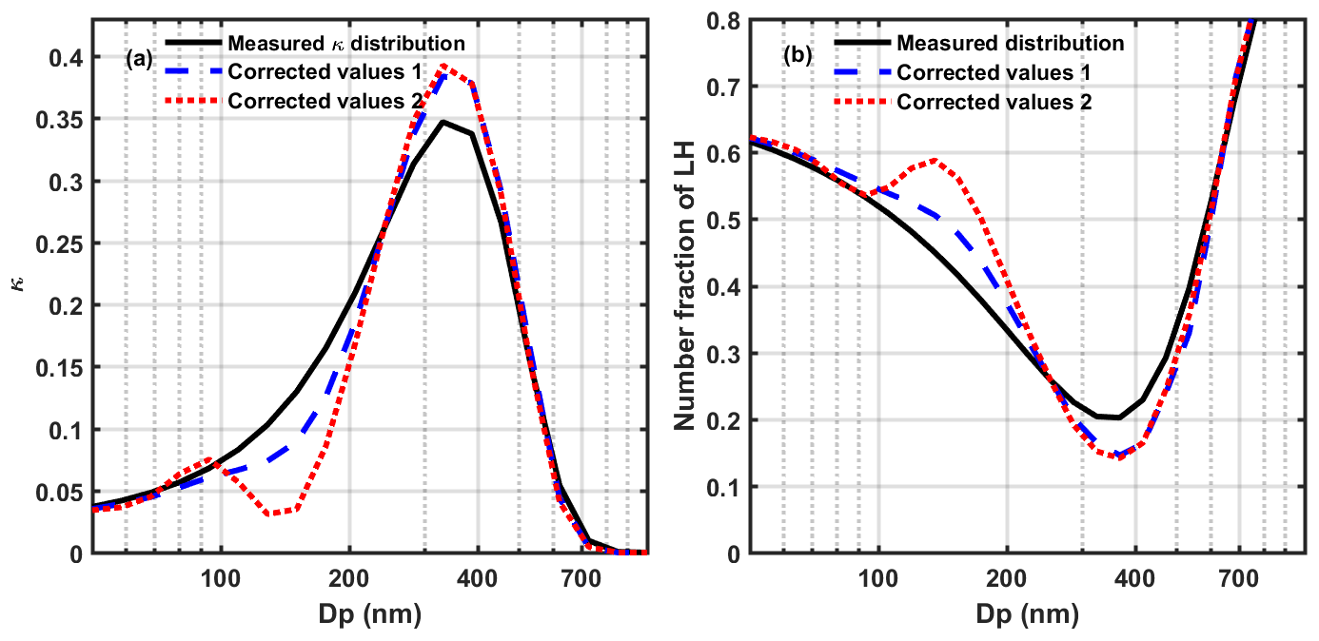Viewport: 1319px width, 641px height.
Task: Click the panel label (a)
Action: click(x=139, y=59)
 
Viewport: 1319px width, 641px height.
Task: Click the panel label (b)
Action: click(x=797, y=55)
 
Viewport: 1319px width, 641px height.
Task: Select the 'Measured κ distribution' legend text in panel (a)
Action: click(x=345, y=43)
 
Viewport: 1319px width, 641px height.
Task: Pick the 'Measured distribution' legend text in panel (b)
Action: click(x=1011, y=43)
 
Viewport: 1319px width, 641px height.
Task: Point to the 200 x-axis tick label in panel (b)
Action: click(x=1006, y=576)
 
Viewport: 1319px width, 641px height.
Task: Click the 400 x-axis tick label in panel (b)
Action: click(x=1134, y=576)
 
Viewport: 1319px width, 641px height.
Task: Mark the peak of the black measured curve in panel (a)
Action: click(x=443, y=122)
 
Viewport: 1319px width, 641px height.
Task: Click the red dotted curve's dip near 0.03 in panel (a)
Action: click(x=271, y=514)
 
